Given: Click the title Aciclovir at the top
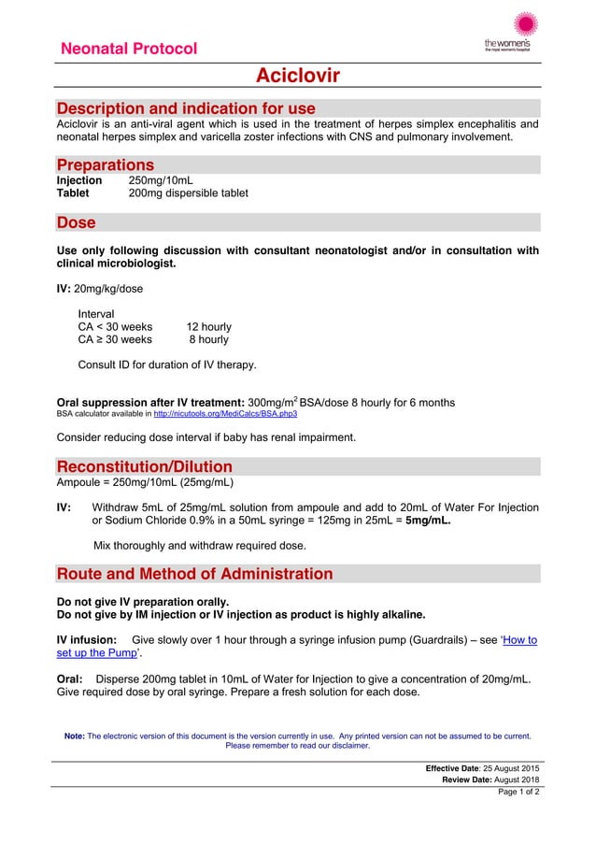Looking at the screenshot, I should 298,75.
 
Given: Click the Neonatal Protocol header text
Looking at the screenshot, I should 129,49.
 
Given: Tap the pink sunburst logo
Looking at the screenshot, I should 526,25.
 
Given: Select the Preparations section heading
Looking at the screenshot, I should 106,164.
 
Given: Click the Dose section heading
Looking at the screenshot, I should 77,222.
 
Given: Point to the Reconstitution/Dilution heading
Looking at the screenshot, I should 145,466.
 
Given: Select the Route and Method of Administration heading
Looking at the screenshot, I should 194,573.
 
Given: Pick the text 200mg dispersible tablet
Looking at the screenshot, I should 188,193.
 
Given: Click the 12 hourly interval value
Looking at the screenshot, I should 208,327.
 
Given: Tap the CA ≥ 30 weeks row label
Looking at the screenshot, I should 115,341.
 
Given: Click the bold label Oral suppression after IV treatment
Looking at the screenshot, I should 150,403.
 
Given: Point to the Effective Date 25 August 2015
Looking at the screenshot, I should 482,768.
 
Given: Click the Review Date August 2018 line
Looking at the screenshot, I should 490,780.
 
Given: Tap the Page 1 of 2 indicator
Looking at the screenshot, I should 518,793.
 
